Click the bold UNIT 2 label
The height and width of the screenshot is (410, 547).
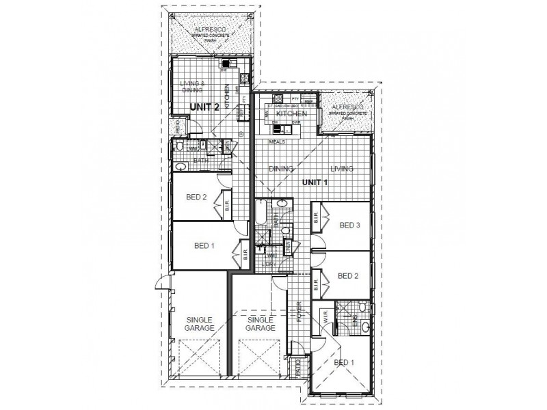pyautogui.click(x=205, y=107)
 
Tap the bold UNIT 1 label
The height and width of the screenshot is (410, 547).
pyautogui.click(x=316, y=182)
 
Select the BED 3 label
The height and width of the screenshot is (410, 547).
pyautogui.click(x=349, y=225)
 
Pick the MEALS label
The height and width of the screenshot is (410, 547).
pyautogui.click(x=278, y=142)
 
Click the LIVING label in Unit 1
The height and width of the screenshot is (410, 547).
pyautogui.click(x=342, y=168)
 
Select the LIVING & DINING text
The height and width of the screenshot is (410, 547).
pyautogui.click(x=193, y=87)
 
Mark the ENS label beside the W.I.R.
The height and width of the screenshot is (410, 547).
pyautogui.click(x=354, y=316)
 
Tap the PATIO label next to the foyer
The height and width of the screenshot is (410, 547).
pyautogui.click(x=297, y=367)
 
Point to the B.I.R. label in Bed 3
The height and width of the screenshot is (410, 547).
pyautogui.click(x=317, y=220)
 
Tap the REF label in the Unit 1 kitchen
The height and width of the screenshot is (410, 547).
pyautogui.click(x=309, y=101)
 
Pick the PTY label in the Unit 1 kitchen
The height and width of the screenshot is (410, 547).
pyautogui.click(x=295, y=98)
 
